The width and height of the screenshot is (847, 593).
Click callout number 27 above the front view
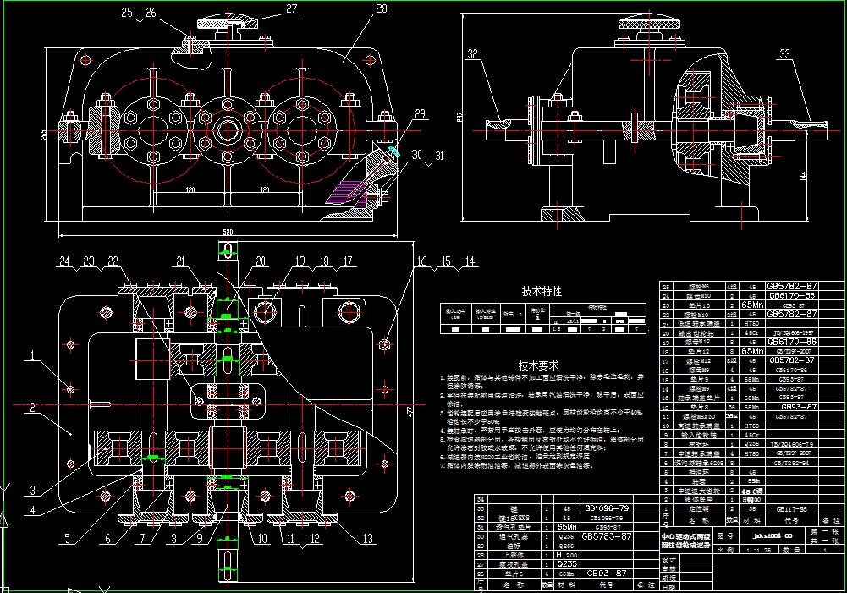click(x=292, y=9)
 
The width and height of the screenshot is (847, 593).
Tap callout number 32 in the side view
click(x=472, y=54)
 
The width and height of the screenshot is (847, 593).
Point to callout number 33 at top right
click(x=785, y=54)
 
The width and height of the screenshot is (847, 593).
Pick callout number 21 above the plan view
click(x=181, y=261)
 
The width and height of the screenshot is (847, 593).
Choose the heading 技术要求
click(x=538, y=365)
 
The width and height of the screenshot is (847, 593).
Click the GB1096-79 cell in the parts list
click(x=602, y=509)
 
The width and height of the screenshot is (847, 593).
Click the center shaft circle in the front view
click(x=227, y=130)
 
